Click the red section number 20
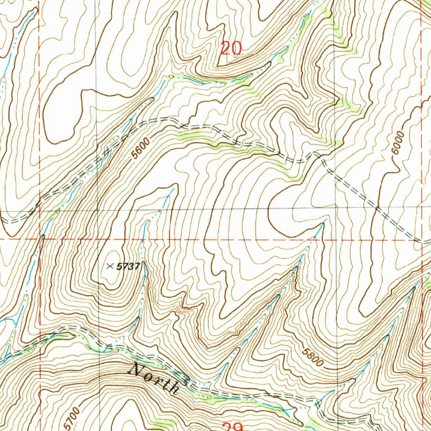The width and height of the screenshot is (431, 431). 231,48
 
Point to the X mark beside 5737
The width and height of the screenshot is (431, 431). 110,266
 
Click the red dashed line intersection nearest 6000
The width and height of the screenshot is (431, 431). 422,239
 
